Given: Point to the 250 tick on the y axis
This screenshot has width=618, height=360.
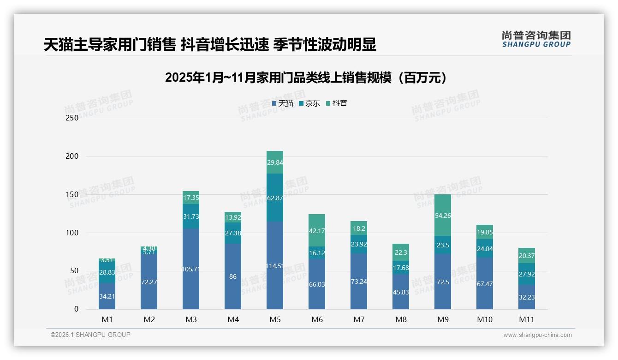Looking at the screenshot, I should [x=72, y=118].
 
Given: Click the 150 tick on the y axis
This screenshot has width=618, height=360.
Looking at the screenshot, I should [x=72, y=194].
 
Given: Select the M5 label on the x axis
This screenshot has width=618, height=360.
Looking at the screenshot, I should [x=275, y=319].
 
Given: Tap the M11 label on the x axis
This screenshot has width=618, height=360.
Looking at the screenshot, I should [x=526, y=319].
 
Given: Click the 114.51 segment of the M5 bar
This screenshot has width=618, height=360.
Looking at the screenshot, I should [x=275, y=265].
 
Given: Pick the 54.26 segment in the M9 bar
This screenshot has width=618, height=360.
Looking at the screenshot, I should [x=443, y=215].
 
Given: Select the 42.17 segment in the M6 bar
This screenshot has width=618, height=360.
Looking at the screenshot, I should [x=317, y=230].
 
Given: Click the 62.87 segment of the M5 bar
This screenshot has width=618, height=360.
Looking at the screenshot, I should [x=275, y=198].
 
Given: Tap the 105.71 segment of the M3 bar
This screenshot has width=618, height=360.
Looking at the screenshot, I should [x=191, y=269].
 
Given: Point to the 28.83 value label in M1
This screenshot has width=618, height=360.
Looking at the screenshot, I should [x=107, y=273].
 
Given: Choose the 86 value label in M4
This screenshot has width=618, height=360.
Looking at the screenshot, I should [x=233, y=276].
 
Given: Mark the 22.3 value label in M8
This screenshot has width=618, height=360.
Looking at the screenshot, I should [x=401, y=252].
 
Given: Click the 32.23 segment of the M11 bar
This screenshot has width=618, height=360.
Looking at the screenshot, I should [x=527, y=297].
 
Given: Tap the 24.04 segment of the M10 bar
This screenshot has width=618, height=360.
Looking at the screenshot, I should [x=485, y=248].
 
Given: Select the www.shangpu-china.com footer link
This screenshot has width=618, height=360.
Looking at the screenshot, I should [x=537, y=335].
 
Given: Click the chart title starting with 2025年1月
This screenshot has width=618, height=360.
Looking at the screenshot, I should [x=306, y=78].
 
